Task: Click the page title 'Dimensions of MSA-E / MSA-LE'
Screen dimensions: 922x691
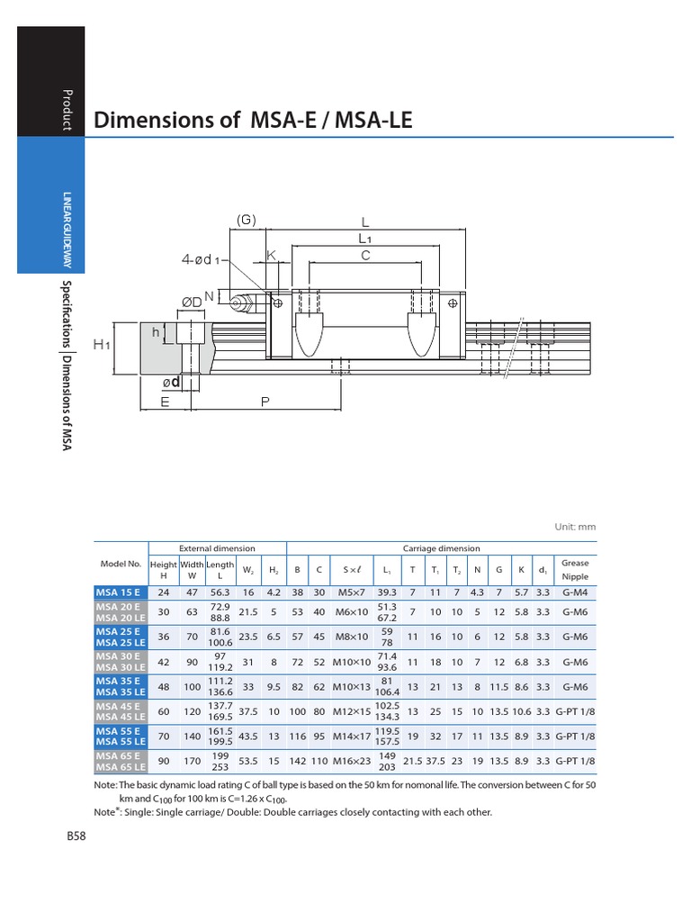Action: pos(254,120)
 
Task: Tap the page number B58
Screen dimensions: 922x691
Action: pos(76,836)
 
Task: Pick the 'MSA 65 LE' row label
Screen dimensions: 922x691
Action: pos(121,767)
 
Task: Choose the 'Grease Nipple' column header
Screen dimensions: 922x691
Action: pos(575,569)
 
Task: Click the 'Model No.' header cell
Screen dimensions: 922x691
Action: pos(121,564)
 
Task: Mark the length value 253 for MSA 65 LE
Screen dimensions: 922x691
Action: pos(220,767)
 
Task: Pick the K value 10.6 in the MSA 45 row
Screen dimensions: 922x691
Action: pos(521,711)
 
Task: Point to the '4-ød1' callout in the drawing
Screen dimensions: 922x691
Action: pos(201,259)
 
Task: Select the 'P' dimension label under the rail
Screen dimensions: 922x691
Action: pos(265,403)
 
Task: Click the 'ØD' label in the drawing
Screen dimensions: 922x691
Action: pos(192,303)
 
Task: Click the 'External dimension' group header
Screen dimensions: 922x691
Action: pos(217,547)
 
